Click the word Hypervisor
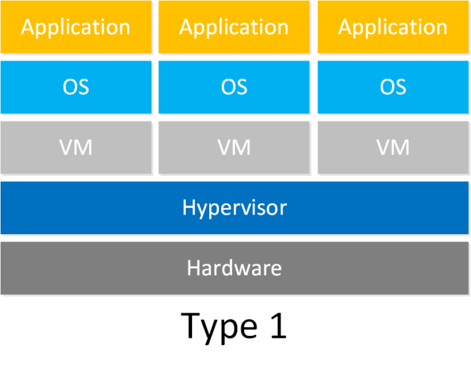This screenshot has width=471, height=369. click(x=234, y=208)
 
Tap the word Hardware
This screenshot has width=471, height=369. click(x=234, y=268)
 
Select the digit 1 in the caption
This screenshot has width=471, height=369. click(x=277, y=325)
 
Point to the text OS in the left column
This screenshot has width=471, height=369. click(x=75, y=87)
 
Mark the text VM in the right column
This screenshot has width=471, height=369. click(x=392, y=148)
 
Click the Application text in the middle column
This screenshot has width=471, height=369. click(x=234, y=28)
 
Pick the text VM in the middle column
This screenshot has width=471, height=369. click(x=234, y=148)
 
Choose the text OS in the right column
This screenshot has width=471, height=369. click(x=392, y=87)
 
